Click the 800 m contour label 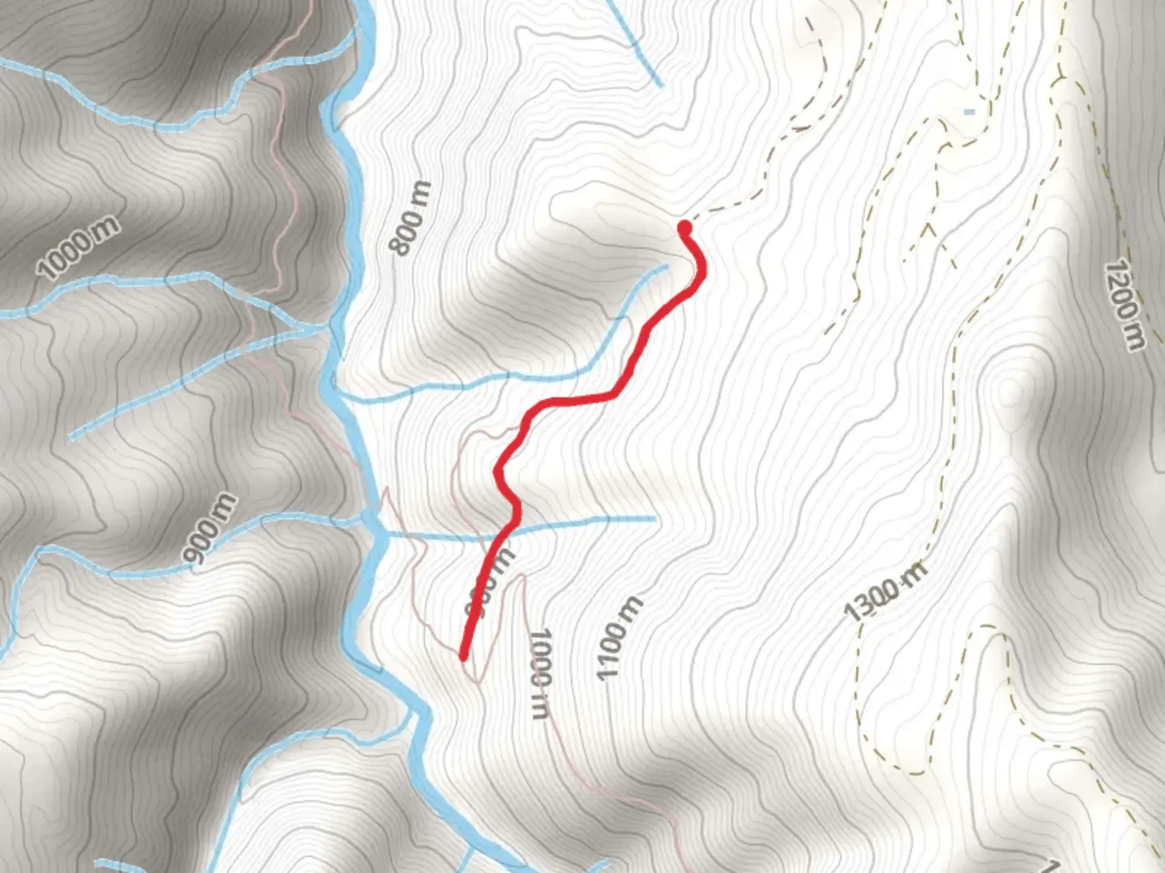coord(410,218)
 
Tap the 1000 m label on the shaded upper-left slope coord(78,248)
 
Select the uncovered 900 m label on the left coord(210,529)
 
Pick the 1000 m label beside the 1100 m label coord(540,673)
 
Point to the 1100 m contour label coord(620,639)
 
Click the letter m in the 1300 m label coord(913,574)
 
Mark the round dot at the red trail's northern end coord(684,226)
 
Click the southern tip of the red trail coord(464,656)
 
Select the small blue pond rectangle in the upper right coord(969,112)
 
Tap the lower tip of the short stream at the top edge coord(660,84)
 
